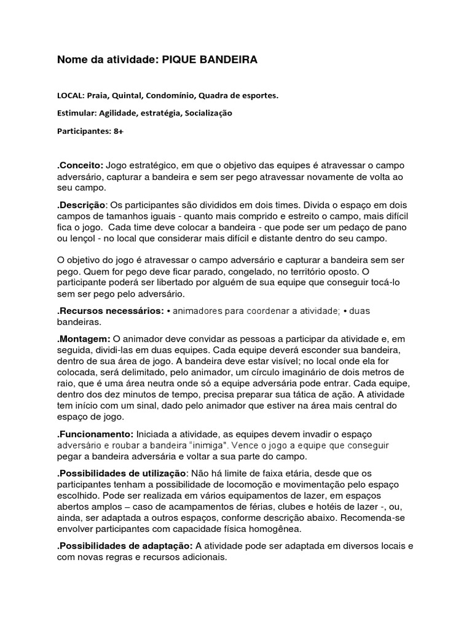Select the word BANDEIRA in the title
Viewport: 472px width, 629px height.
coord(227,60)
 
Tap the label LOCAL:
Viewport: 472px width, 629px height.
coord(71,96)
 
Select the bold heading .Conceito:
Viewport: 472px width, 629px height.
coord(80,166)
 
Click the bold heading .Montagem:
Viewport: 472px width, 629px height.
coord(84,338)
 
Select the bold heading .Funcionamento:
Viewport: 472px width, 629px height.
coord(95,434)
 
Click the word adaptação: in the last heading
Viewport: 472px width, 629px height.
coord(163,545)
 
